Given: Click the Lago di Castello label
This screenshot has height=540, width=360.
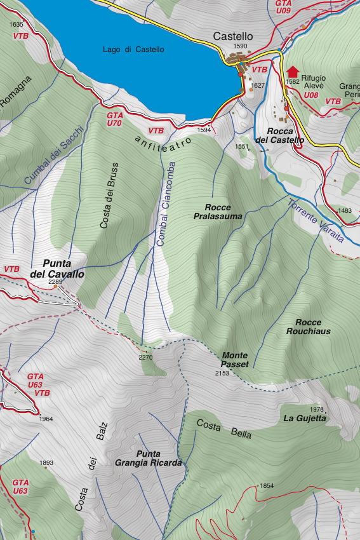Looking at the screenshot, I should coord(133,50).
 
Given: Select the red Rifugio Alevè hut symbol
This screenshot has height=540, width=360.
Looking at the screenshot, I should coord(293,71).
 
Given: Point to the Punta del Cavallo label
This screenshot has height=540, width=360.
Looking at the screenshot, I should coord(57,269).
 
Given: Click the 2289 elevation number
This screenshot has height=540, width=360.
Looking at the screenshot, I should coord(55,281).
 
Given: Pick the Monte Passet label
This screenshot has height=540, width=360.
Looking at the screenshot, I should coord(234,360).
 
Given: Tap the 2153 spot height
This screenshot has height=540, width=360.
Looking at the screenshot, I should coord(222,374).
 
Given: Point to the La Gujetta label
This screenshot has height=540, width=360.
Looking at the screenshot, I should coord(305,418).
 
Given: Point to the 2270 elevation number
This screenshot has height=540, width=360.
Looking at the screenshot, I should coord(145,357).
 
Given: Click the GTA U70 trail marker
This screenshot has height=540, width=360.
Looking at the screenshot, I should coord(114,119).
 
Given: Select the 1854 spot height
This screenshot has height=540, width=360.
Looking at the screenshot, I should coord(267,486).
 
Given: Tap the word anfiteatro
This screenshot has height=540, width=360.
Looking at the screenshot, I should coord(167,139).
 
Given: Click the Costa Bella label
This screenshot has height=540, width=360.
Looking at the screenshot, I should coord(223,429).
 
